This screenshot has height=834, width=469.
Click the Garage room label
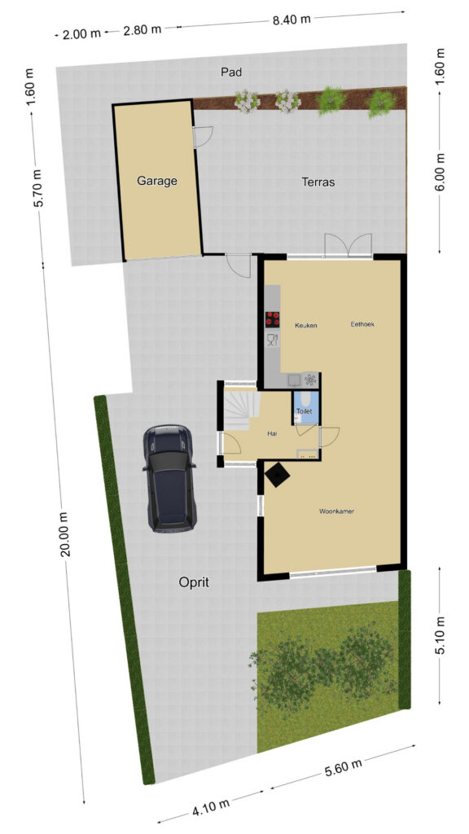point(157,181)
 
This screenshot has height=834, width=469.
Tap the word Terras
point(318,182)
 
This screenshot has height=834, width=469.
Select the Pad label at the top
point(231,72)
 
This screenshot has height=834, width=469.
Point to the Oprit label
point(194,582)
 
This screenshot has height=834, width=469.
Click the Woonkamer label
point(336,511)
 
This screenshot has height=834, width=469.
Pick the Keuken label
point(306,325)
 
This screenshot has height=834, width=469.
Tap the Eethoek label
point(362,324)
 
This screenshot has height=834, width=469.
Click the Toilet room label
point(304,411)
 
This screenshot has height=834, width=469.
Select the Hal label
point(273,434)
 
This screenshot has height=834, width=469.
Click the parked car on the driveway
point(169,477)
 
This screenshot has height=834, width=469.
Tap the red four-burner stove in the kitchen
point(272,319)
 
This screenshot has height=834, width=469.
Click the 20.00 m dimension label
point(65,533)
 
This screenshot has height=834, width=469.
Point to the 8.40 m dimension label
point(291,20)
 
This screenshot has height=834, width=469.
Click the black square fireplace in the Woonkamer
point(278,475)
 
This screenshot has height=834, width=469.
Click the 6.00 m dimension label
point(441,172)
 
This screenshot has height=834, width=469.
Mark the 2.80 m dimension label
point(142,30)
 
